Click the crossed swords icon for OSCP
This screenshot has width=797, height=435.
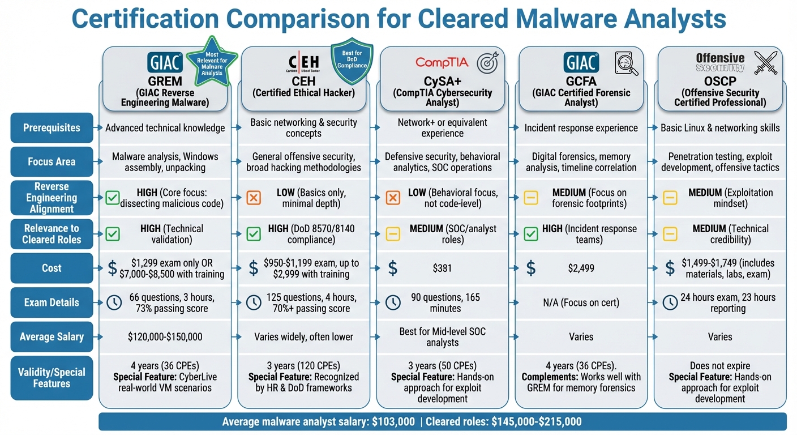click(x=766, y=63)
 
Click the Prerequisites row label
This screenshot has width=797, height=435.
click(x=52, y=128)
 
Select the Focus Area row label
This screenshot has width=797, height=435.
click(x=52, y=162)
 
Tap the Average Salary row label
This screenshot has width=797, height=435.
click(x=52, y=336)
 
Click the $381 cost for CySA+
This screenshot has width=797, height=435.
click(x=442, y=268)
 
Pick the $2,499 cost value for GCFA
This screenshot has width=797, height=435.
click(x=581, y=268)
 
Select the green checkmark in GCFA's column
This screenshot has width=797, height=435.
click(x=530, y=233)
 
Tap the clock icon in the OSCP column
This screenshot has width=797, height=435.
click(x=670, y=302)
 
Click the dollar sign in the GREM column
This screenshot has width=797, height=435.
click(x=113, y=268)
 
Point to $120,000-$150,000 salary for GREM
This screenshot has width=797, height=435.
click(x=165, y=336)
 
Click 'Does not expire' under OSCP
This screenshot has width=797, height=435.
click(x=720, y=366)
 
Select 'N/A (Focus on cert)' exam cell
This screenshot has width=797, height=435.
click(x=581, y=302)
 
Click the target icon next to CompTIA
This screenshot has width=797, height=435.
click(x=486, y=63)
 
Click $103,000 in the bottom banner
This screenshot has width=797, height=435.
click(x=391, y=422)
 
